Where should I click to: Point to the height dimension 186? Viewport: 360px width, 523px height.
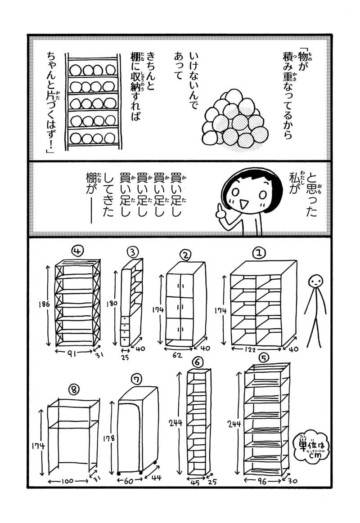(44, 304)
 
